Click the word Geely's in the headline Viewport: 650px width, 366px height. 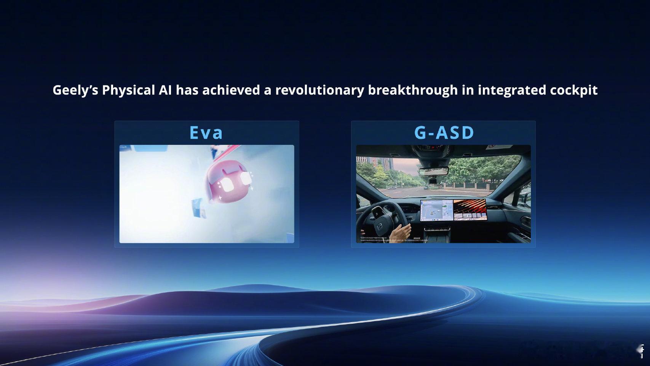pos(75,90)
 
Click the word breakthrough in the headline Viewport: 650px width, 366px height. pos(413,90)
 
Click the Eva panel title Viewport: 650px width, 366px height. pos(206,132)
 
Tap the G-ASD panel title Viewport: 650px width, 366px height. pos(444,132)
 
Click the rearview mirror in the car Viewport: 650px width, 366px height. pos(433,170)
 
